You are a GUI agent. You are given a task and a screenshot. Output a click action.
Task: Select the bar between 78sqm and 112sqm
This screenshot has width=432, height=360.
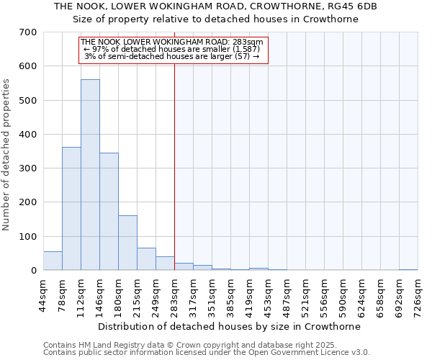click(x=71, y=209)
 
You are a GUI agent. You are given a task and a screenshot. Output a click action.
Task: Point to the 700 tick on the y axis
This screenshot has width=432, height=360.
click(x=28, y=32)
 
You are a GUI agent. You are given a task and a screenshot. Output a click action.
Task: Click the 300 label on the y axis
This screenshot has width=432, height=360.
click(x=28, y=168)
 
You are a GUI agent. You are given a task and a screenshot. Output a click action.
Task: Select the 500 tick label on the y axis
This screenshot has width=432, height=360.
click(x=28, y=100)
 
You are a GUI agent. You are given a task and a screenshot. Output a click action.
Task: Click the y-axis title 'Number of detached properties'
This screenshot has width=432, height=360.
click(x=7, y=156)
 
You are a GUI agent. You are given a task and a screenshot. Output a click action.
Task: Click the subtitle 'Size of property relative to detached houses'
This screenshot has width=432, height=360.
click(x=215, y=19)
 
